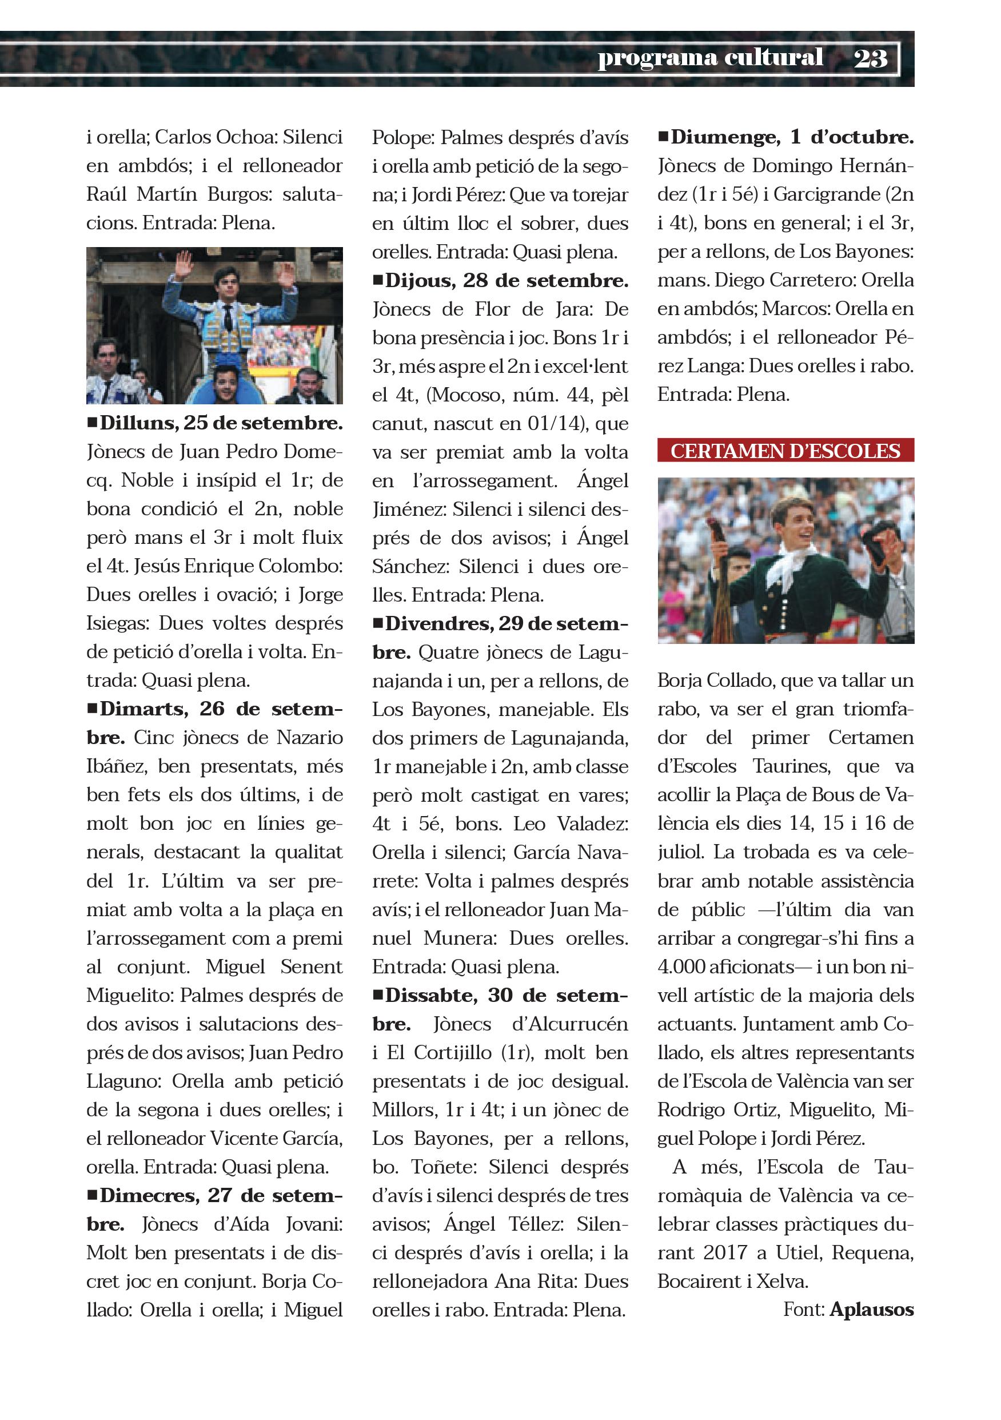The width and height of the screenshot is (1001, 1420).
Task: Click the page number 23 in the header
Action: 870,59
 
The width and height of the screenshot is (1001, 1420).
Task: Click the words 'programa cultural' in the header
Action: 710,58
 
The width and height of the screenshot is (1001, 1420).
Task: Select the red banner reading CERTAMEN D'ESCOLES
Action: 785,451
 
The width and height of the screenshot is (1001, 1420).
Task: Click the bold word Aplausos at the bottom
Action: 871,1309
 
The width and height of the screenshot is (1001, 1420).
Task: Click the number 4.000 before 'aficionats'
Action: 681,966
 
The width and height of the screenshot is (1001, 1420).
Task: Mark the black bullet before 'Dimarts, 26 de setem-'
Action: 92,707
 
